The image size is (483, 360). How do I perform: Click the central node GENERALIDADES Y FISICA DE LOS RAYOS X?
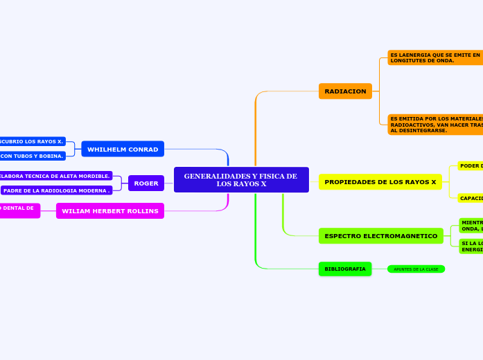[x=241, y=180]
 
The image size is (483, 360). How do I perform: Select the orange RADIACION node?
[x=345, y=91]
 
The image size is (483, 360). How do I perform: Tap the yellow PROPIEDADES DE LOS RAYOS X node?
[x=380, y=182]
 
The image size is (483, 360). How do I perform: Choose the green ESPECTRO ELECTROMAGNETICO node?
[x=380, y=236]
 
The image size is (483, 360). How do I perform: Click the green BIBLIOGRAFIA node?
[x=345, y=269]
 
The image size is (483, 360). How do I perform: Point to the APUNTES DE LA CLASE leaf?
[x=416, y=269]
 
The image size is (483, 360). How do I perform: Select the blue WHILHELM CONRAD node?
[x=123, y=149]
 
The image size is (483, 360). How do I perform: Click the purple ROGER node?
[x=146, y=183]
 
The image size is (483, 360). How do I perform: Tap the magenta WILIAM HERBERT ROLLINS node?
[x=110, y=210]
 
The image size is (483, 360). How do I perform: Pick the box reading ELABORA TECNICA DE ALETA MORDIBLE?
[x=55, y=176]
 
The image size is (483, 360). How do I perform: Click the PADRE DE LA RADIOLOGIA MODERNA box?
[x=57, y=190]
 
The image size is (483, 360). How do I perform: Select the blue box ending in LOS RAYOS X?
[x=33, y=141]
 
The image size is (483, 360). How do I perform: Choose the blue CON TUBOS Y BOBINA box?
[x=33, y=156]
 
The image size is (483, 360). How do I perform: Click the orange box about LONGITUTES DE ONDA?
[x=435, y=57]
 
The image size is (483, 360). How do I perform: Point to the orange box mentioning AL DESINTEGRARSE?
[x=435, y=125]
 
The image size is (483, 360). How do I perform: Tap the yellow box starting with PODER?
[x=470, y=166]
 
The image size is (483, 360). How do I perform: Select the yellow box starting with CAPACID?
[x=470, y=198]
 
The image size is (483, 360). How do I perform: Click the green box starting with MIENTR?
[x=471, y=226]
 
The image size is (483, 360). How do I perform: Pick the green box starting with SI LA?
[x=471, y=246]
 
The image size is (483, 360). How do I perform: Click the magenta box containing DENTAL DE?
[x=19, y=210]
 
